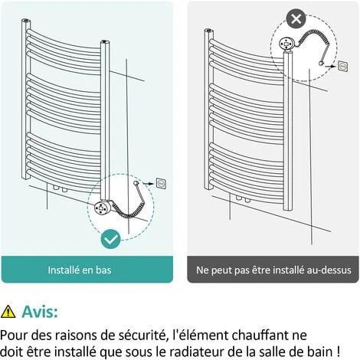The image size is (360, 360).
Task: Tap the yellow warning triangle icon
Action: (x=8, y=311)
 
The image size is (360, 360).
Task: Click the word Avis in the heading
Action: (x=39, y=311)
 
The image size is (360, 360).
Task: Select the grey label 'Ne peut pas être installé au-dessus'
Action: (x=273, y=270)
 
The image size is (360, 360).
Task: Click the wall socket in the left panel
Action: (x=162, y=183)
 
